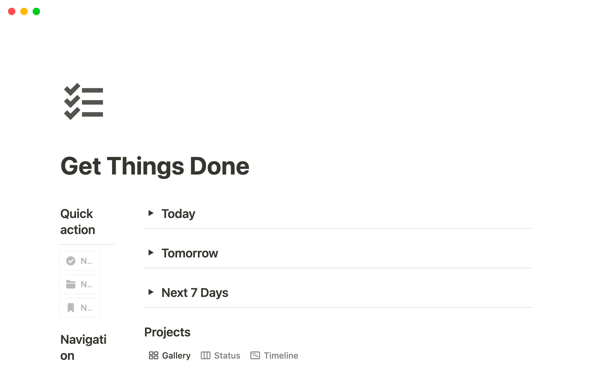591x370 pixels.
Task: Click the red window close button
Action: pyautogui.click(x=12, y=12)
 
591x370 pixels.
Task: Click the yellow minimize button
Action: pyautogui.click(x=24, y=12)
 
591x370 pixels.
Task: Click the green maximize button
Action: pyautogui.click(x=36, y=12)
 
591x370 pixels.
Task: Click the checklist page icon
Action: pyautogui.click(x=83, y=101)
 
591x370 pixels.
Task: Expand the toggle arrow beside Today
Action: pyautogui.click(x=151, y=213)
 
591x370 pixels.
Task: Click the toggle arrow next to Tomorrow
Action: pyautogui.click(x=151, y=253)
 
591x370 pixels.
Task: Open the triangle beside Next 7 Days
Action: pyautogui.click(x=151, y=292)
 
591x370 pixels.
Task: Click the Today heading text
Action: pyautogui.click(x=178, y=214)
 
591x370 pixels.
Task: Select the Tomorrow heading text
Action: pyautogui.click(x=190, y=253)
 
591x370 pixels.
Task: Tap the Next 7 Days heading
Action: pyautogui.click(x=195, y=293)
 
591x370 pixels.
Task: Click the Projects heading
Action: pyautogui.click(x=167, y=332)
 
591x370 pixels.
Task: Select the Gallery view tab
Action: pyautogui.click(x=170, y=356)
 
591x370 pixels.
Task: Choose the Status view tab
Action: pyautogui.click(x=220, y=356)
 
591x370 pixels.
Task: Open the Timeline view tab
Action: pyautogui.click(x=274, y=356)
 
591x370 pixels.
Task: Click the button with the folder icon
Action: pyautogui.click(x=79, y=284)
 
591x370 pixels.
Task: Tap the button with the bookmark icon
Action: pyautogui.click(x=79, y=308)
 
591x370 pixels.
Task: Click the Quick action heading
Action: pyautogui.click(x=78, y=222)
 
